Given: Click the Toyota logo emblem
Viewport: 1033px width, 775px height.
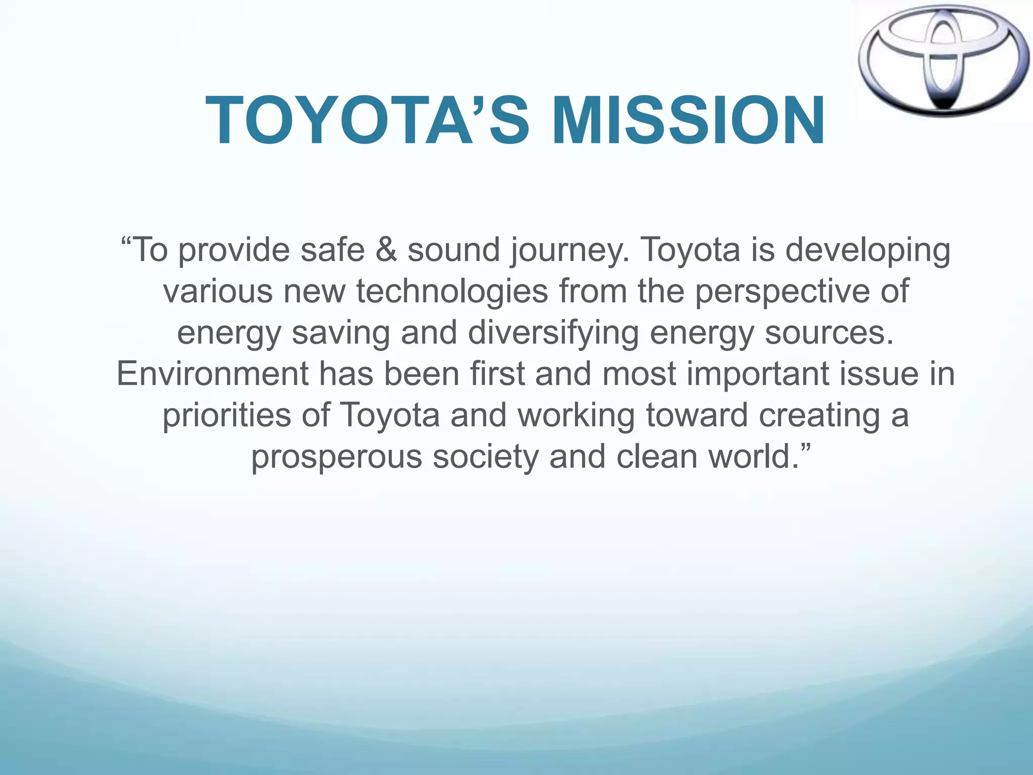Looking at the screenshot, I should click(x=943, y=60).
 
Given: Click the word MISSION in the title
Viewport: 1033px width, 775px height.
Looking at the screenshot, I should click(x=688, y=121).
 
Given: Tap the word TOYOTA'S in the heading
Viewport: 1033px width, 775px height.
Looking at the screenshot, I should click(x=368, y=121).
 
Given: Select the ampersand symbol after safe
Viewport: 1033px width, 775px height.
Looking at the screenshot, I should click(x=386, y=250).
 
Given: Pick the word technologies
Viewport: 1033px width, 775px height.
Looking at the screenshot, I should click(x=452, y=292).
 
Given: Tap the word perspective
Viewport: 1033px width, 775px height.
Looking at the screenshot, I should click(x=782, y=292).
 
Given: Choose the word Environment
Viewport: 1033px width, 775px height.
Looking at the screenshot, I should click(x=212, y=374).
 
